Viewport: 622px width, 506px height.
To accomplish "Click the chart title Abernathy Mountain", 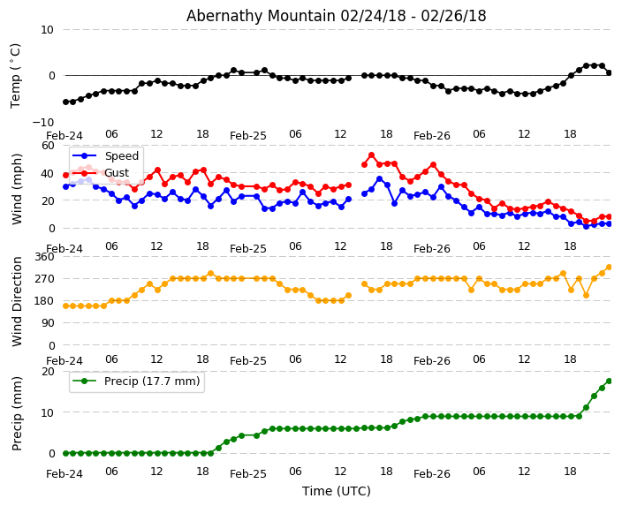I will coord(336,16).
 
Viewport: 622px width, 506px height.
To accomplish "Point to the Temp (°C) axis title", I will coord(16,75).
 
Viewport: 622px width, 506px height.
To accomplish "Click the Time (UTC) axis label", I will coord(337,491).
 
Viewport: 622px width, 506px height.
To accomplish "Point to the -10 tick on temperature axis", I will coord(42,122).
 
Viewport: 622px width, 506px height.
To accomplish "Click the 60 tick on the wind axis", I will coord(48,145).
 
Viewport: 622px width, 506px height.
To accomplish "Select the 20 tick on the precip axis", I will coord(48,372).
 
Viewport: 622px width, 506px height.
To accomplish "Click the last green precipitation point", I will coord(609,381).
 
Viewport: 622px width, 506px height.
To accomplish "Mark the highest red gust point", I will coord(371,155).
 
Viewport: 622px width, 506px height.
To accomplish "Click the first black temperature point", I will coord(65,102).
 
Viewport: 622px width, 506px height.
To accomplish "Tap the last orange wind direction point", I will coord(609,267).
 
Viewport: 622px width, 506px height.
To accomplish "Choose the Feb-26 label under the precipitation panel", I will coord(432,474).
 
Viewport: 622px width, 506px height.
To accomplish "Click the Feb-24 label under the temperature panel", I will coord(64,136).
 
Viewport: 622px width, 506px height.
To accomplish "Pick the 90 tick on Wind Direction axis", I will coord(48,323).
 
